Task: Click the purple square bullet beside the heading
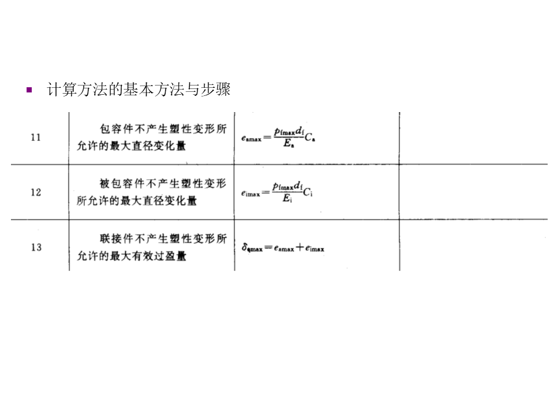point(29,90)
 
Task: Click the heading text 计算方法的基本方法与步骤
point(138,90)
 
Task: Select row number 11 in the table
point(36,138)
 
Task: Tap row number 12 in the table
point(36,192)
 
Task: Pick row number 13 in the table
point(36,247)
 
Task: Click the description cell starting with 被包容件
point(152,192)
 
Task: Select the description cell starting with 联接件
point(152,247)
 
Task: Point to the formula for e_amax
point(279,138)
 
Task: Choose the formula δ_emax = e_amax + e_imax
point(283,248)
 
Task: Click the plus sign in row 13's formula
point(300,248)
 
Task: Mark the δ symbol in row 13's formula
point(245,248)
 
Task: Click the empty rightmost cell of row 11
point(473,138)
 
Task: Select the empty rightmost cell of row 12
point(473,192)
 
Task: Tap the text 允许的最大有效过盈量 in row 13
point(132,256)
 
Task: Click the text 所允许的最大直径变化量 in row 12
point(137,201)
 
